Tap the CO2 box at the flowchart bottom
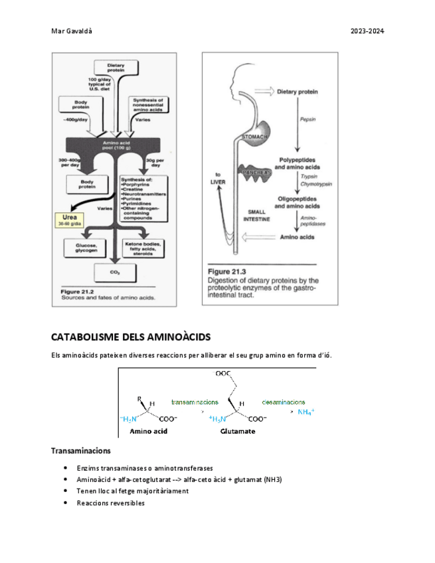tap(115, 272)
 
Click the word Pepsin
tap(307, 120)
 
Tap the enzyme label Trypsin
tap(307, 177)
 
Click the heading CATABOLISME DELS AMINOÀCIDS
tap(130, 337)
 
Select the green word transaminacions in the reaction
tap(195, 402)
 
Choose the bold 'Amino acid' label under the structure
tap(148, 430)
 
